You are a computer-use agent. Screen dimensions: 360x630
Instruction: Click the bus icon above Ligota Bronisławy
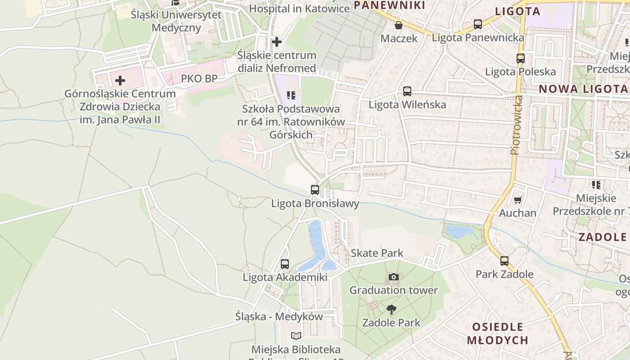pos(315,190)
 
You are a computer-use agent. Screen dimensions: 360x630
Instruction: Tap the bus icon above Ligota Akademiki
pos(285,264)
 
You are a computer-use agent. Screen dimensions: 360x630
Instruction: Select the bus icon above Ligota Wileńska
pos(407,91)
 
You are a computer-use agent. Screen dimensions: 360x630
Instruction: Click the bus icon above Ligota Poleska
pos(521,58)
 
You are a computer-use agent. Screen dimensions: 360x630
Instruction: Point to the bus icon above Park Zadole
pos(504,261)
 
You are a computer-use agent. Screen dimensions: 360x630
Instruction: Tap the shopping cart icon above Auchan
pos(518,200)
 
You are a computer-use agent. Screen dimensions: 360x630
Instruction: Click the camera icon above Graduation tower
pos(394,277)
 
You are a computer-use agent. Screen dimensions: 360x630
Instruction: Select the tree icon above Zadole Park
pos(391,309)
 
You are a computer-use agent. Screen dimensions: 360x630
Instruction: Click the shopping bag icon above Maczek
pos(399,25)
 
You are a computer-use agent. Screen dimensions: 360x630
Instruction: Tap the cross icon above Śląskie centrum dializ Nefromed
pos(277,42)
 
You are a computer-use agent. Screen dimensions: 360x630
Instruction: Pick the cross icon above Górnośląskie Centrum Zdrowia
pos(120,81)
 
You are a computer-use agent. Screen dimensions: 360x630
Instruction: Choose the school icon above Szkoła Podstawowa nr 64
pos(291,95)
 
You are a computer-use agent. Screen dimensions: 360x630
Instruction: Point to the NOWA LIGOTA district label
pos(583,89)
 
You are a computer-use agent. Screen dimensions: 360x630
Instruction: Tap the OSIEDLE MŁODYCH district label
pos(498,333)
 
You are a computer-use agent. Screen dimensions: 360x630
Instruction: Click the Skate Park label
pos(377,253)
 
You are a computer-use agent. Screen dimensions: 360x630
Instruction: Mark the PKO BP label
pos(199,79)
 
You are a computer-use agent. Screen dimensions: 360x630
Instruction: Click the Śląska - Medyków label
pos(279,316)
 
